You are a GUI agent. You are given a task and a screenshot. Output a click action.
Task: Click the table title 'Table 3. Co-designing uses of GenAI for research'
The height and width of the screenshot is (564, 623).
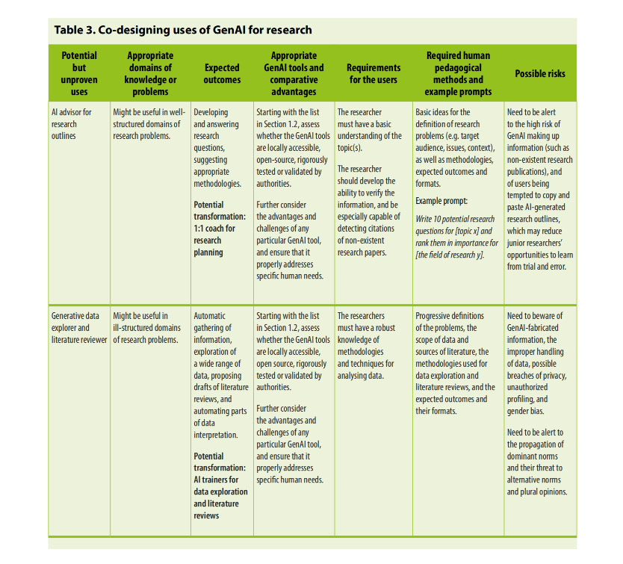tap(183, 30)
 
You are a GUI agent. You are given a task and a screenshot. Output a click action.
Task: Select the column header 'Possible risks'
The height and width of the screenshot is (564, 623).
tap(539, 73)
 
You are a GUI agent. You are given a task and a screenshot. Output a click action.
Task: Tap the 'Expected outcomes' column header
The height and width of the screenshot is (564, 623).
tap(222, 73)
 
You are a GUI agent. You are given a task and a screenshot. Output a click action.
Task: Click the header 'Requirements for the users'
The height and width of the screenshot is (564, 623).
tap(374, 73)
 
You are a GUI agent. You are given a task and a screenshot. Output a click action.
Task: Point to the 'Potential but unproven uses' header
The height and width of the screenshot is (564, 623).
tap(79, 73)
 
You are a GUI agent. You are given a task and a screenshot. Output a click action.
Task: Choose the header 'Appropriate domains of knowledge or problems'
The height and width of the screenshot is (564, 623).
tap(150, 73)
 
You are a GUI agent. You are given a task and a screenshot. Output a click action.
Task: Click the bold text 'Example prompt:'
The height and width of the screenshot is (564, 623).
tap(441, 201)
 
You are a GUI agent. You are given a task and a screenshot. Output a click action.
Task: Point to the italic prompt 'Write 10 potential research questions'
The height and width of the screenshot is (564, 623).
tap(456, 219)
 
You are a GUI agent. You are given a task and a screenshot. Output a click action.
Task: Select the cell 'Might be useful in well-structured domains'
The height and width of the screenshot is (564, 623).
tap(149, 124)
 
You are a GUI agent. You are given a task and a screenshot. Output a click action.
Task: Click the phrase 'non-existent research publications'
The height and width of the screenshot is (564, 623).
tap(539, 165)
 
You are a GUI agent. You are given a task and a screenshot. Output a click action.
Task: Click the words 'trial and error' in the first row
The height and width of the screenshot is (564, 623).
tap(538, 267)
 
